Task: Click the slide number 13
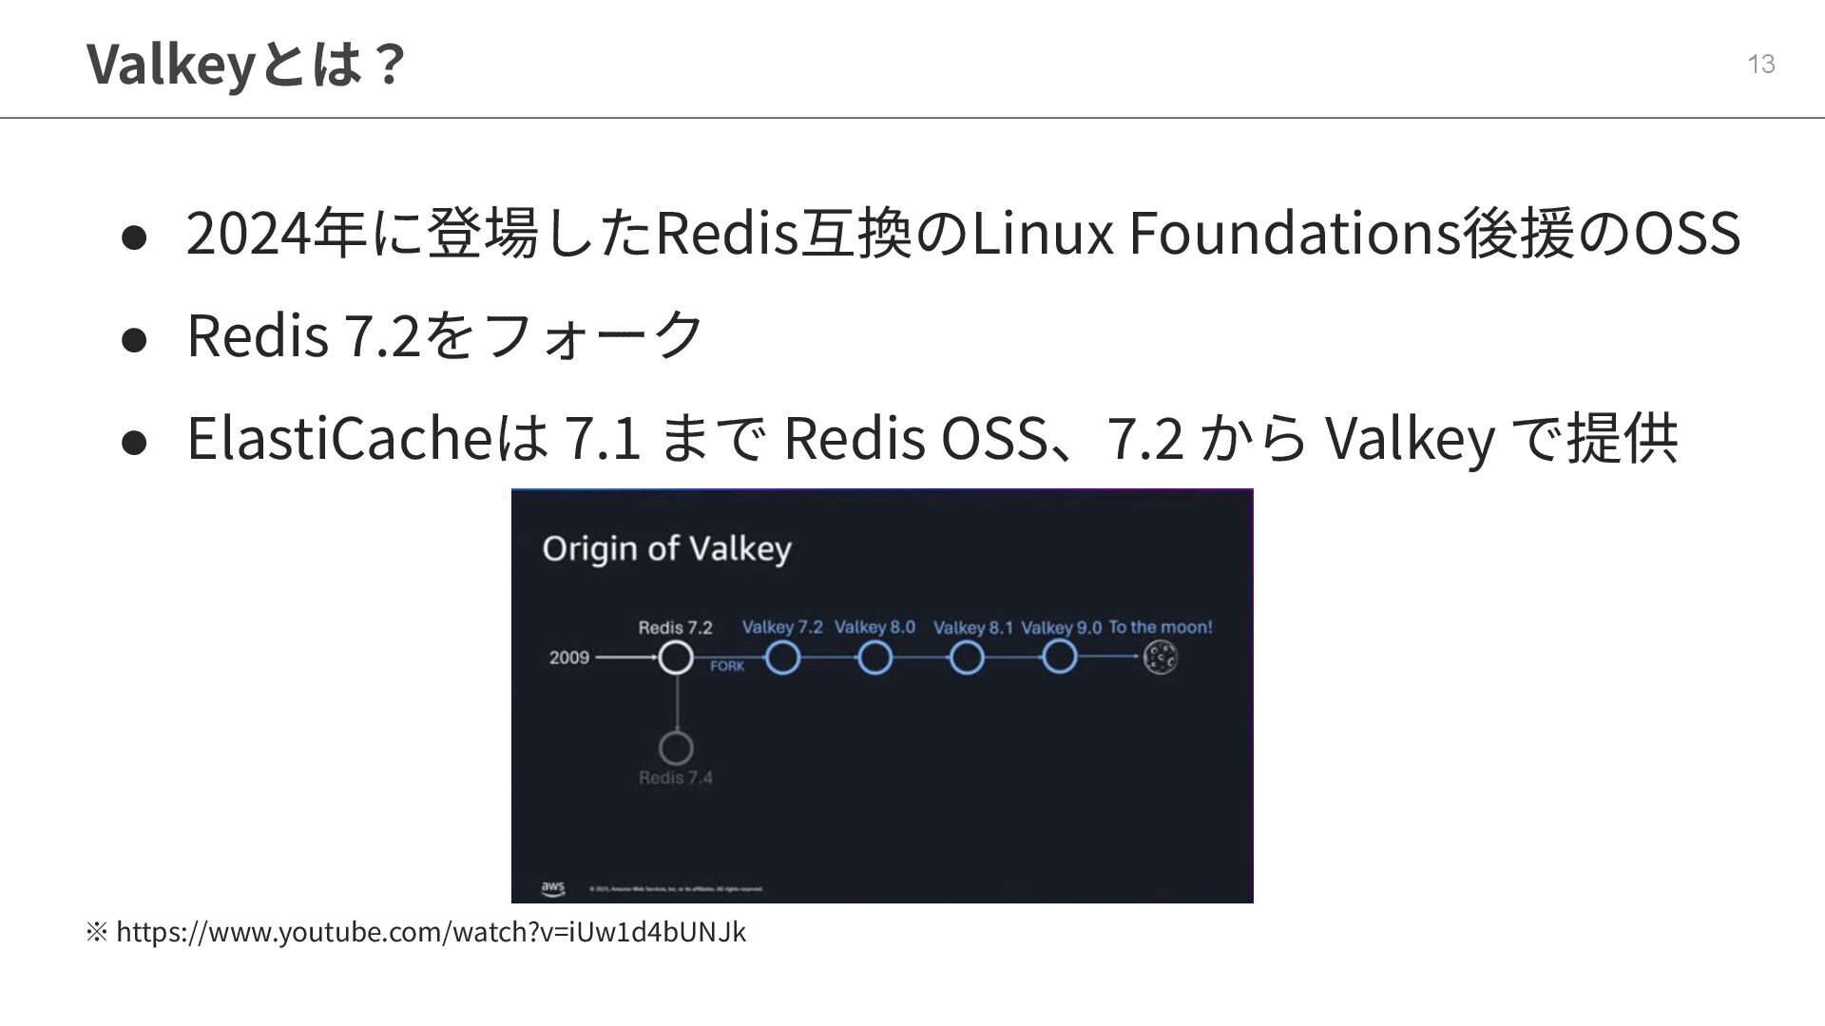pos(1761,64)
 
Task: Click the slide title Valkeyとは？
pos(246,64)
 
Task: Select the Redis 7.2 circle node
pos(676,657)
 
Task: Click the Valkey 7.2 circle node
pos(782,657)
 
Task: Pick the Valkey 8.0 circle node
pos(874,657)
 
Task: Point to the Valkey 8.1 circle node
pos(967,657)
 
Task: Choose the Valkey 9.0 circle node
pos(1060,657)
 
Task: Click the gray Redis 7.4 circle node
pos(676,748)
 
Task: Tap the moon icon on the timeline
pos(1161,656)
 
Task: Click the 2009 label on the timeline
pos(568,657)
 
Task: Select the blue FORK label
pos(727,667)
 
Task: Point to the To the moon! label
pos(1161,627)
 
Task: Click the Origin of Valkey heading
pos(666,549)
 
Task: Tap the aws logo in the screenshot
pos(552,888)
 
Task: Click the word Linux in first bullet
pos(1041,233)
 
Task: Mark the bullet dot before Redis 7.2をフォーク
pos(134,338)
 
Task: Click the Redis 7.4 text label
pos(676,778)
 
